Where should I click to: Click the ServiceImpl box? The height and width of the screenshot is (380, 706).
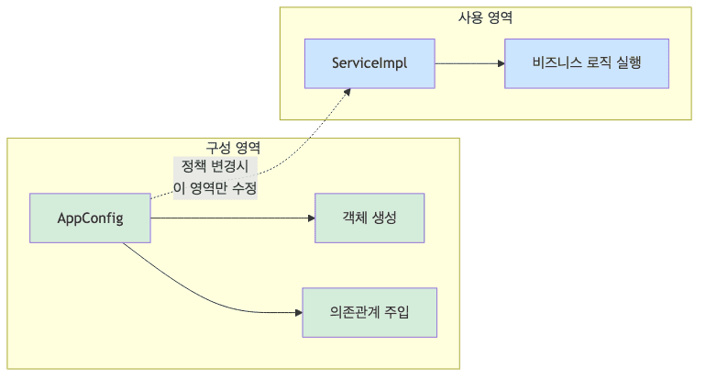370,63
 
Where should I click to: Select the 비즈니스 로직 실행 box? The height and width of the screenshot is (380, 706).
586,63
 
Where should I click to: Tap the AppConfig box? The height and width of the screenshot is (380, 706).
90,218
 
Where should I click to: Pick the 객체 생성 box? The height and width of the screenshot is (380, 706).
370,218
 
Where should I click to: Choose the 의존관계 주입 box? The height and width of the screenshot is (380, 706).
370,312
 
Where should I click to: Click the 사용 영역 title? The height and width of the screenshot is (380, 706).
485,17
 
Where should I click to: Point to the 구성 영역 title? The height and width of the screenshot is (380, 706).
233,148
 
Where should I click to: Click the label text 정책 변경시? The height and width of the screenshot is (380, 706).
215,167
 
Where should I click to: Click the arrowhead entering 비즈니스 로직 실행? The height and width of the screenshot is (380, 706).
500,63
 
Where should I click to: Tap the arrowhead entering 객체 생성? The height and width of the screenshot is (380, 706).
310,218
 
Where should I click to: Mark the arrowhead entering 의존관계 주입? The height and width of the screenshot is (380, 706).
297,312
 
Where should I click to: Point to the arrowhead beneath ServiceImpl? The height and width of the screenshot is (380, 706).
347,92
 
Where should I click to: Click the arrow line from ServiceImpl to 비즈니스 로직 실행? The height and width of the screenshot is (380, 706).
468,63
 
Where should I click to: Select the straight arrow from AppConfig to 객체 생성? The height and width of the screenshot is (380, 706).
229,218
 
